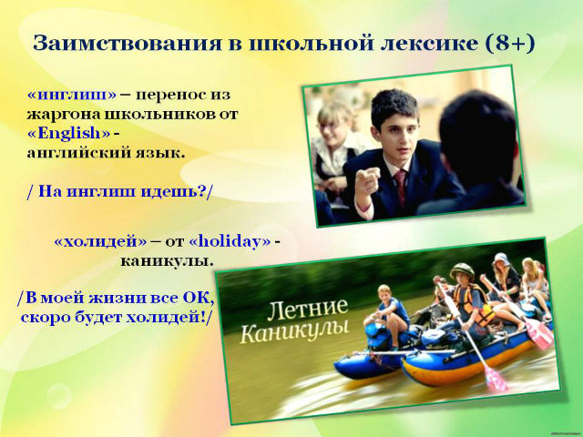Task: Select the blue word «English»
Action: pos(69,134)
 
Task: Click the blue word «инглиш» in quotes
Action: pos(72,95)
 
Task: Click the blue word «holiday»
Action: pos(230,241)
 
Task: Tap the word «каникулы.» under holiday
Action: pos(168,261)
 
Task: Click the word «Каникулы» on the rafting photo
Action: pos(294,330)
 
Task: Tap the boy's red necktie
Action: pos(401,188)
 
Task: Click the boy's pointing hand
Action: pos(367,180)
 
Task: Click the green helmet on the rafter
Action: pos(462,271)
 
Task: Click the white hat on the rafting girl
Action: pos(502,259)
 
